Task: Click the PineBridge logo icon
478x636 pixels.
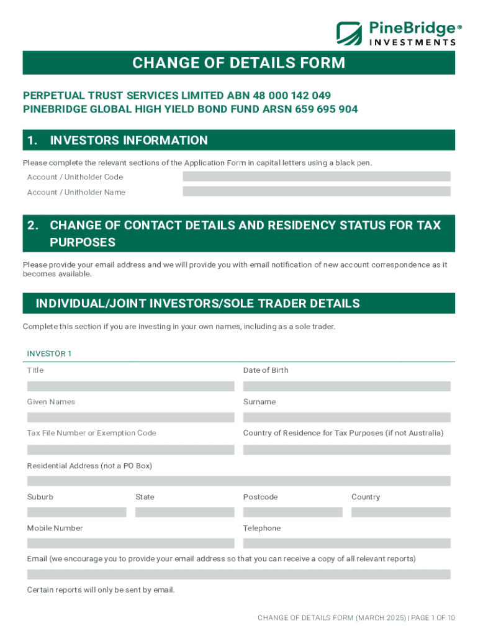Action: pyautogui.click(x=349, y=33)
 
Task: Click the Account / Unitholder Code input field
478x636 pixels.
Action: pyautogui.click(x=317, y=176)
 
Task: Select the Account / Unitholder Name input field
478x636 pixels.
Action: pyautogui.click(x=317, y=192)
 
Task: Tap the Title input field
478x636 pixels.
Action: pyautogui.click(x=130, y=386)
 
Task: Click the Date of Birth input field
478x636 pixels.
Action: pyautogui.click(x=346, y=386)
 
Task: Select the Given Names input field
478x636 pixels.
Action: pyautogui.click(x=130, y=417)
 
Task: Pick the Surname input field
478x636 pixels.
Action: pyautogui.click(x=346, y=417)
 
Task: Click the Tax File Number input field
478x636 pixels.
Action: pyautogui.click(x=130, y=450)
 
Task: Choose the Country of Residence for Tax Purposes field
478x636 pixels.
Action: pyautogui.click(x=346, y=450)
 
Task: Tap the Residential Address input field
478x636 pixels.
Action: pyautogui.click(x=238, y=481)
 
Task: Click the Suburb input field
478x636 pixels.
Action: pyautogui.click(x=76, y=512)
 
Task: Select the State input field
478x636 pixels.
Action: pyautogui.click(x=184, y=512)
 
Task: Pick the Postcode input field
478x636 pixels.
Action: pyautogui.click(x=292, y=512)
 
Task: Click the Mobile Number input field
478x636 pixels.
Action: pyautogui.click(x=130, y=543)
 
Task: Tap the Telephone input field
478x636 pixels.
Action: pyautogui.click(x=346, y=543)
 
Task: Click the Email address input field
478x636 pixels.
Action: pyautogui.click(x=238, y=575)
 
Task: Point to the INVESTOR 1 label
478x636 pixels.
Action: pyautogui.click(x=50, y=354)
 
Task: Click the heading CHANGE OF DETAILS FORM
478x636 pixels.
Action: pyautogui.click(x=238, y=63)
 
